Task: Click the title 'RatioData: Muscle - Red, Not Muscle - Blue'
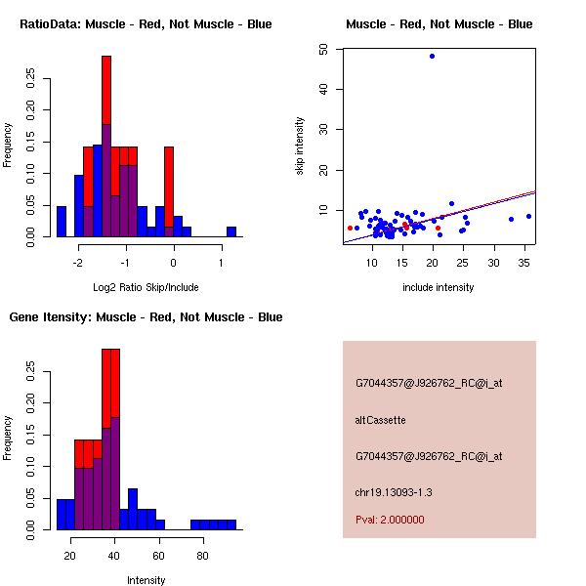pos(146,23)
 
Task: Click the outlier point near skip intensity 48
pos(432,56)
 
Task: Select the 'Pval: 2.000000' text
pos(390,520)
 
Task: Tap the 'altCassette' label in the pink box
pos(380,420)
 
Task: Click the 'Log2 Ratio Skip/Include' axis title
pos(146,287)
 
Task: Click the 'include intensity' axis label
pos(439,287)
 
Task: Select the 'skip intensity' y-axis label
pos(300,146)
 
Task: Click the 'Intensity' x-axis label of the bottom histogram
pos(146,580)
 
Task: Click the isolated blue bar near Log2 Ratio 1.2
pos(231,231)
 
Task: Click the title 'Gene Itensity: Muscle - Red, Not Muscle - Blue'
pos(146,316)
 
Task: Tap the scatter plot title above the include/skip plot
pos(439,23)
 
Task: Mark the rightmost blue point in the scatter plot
pos(528,216)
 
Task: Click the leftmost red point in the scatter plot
pos(351,228)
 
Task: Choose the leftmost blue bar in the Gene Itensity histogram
pos(62,514)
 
